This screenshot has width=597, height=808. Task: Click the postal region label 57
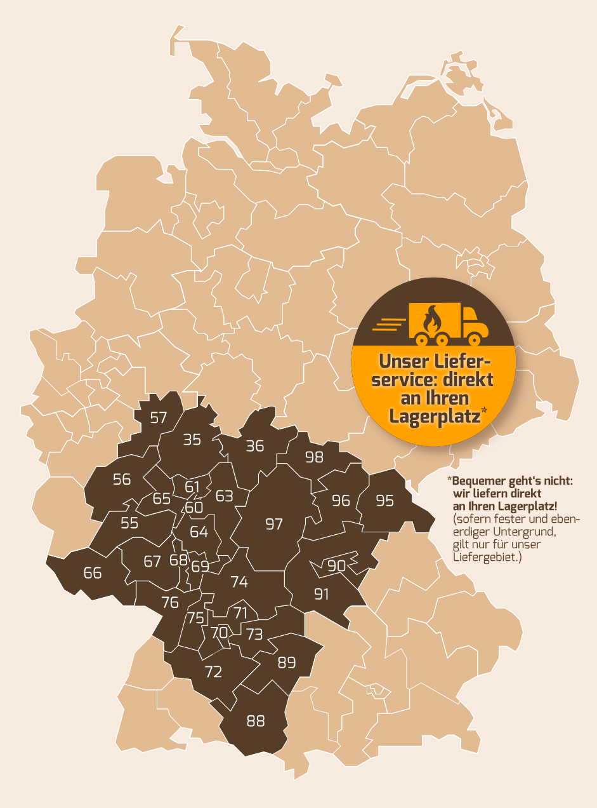(158, 417)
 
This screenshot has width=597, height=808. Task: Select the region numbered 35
(192, 440)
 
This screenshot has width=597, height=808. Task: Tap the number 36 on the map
(254, 446)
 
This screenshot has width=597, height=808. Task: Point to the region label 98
(314, 457)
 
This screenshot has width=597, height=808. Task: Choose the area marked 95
(384, 501)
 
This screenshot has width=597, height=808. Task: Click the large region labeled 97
(273, 524)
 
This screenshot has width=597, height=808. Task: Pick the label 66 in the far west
(93, 573)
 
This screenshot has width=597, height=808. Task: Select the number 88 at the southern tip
(256, 721)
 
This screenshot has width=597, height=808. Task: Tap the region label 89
(287, 663)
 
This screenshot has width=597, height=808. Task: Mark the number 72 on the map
(213, 672)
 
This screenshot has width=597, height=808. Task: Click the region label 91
(322, 595)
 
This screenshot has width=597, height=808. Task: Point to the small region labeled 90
(336, 565)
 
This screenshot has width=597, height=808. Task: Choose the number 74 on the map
(239, 582)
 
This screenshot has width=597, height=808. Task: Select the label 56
(122, 480)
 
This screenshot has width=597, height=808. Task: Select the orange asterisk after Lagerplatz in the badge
(484, 411)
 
